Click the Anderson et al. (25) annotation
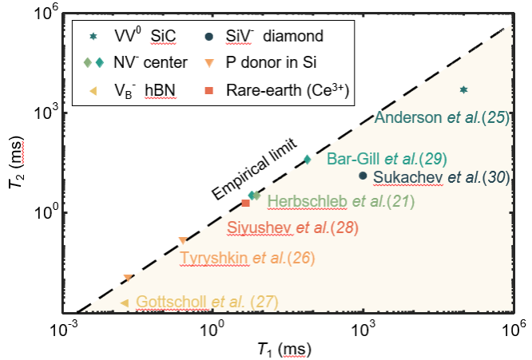coord(442,117)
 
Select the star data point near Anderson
coord(463,90)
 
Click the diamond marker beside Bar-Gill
coord(308,159)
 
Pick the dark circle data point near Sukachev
coord(363,176)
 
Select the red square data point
coord(246,204)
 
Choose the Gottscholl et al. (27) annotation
coord(207,302)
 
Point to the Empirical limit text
coord(254,169)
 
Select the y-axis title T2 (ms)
coord(18,166)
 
